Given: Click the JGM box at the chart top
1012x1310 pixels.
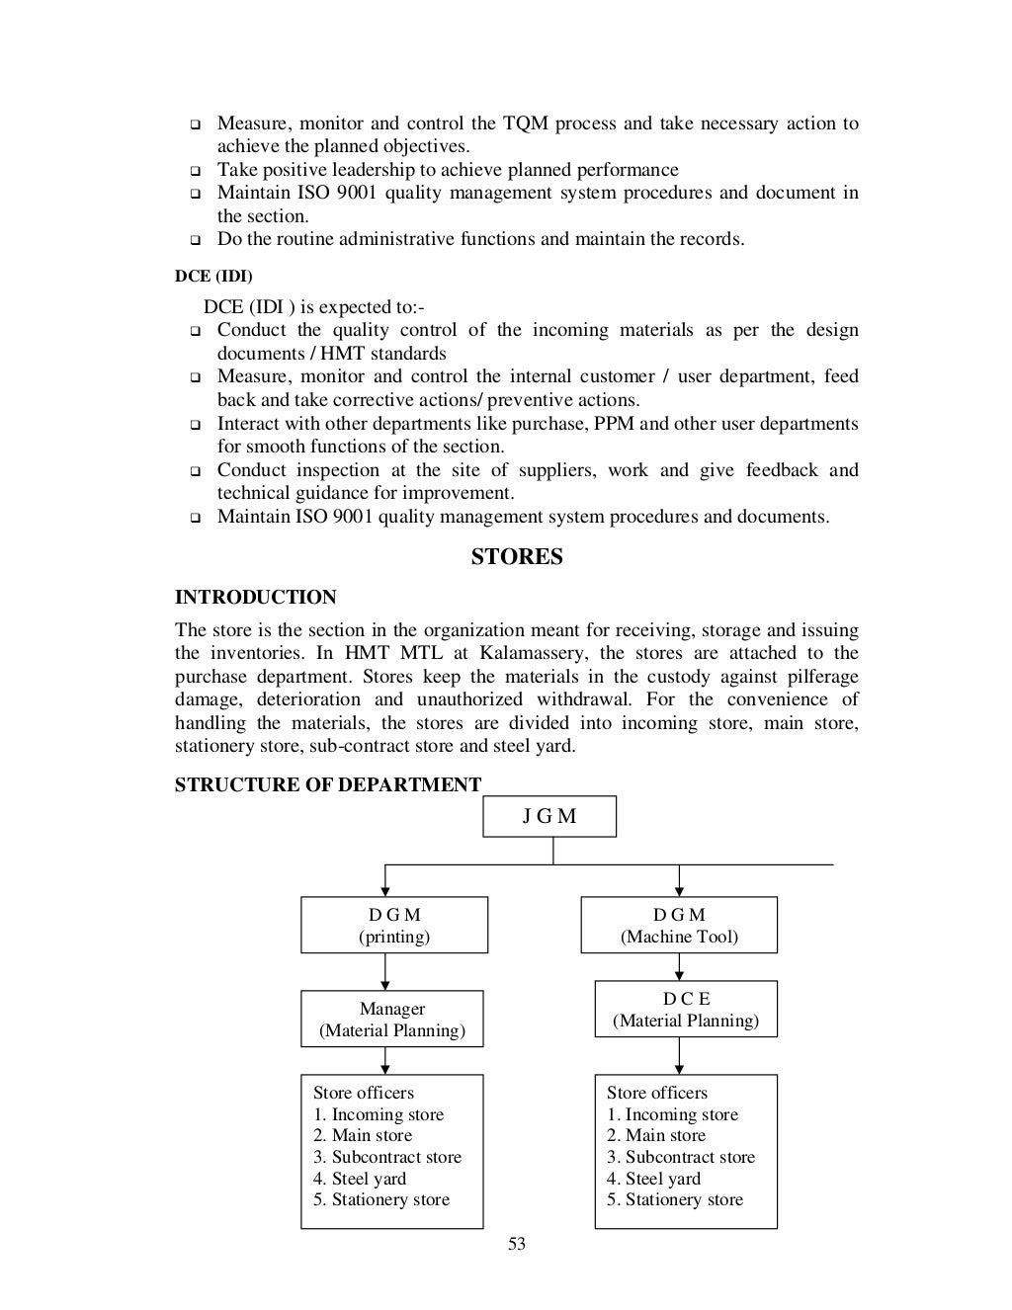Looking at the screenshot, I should pos(549,816).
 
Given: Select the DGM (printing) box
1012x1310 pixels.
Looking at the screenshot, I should pos(394,925).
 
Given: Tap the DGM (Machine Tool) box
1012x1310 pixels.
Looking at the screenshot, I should pos(679,925).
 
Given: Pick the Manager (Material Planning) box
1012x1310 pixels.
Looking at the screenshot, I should pos(392,1019).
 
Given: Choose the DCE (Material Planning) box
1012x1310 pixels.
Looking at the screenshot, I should pos(686,1009).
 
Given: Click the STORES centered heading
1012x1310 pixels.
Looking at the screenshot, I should pos(517,557).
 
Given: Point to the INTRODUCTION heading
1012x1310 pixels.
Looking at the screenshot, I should pos(255,597).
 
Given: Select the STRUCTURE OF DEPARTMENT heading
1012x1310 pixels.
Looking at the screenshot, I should pos(328,784).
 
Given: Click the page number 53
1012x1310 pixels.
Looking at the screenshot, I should pos(517,1244).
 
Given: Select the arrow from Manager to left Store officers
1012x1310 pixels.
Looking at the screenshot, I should pos(384,1060).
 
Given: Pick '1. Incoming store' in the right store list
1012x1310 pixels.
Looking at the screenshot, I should pos(672,1114).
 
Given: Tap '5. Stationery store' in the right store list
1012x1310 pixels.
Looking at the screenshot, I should pos(675,1199).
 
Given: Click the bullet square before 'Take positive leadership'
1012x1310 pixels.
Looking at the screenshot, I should pos(194,171).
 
